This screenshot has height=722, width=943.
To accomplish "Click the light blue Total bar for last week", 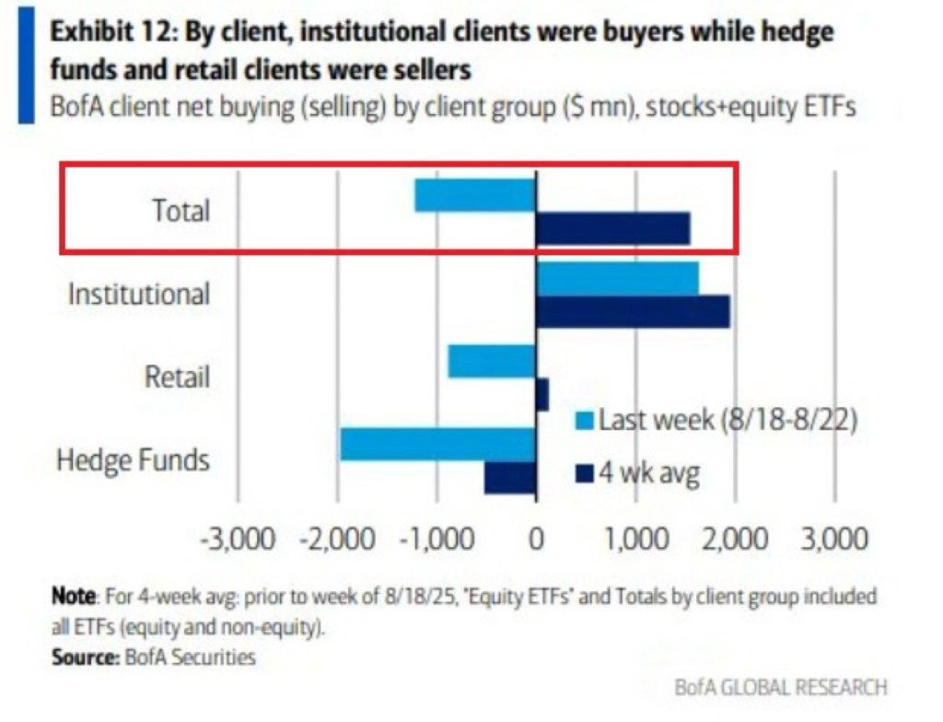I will (475, 195).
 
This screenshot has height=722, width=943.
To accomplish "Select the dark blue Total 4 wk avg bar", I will (612, 228).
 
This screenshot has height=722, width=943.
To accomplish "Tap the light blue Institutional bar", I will (617, 279).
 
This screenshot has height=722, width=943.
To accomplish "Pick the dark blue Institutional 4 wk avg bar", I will (633, 311).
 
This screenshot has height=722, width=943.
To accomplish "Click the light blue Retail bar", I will (492, 361).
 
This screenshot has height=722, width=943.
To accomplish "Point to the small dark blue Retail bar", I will (542, 394).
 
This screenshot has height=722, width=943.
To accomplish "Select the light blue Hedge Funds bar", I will (437, 444).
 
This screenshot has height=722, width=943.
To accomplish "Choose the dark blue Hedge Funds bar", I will (510, 477).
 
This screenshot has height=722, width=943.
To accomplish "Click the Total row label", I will (180, 211).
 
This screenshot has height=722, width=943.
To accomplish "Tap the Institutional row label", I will (139, 295).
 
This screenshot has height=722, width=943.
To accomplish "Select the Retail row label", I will (176, 377).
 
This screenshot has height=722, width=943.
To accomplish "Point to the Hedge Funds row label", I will (134, 460).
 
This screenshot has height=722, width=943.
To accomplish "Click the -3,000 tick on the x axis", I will (238, 538).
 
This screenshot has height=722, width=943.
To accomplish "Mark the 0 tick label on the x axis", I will (536, 538).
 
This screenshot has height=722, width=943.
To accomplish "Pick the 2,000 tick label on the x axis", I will (734, 538).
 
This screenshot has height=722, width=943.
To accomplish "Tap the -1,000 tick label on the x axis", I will (437, 538).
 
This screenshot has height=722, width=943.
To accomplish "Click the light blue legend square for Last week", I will (584, 422).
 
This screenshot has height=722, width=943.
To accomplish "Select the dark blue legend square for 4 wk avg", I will (584, 474).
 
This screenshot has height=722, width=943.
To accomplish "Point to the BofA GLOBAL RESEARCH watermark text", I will (781, 687).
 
